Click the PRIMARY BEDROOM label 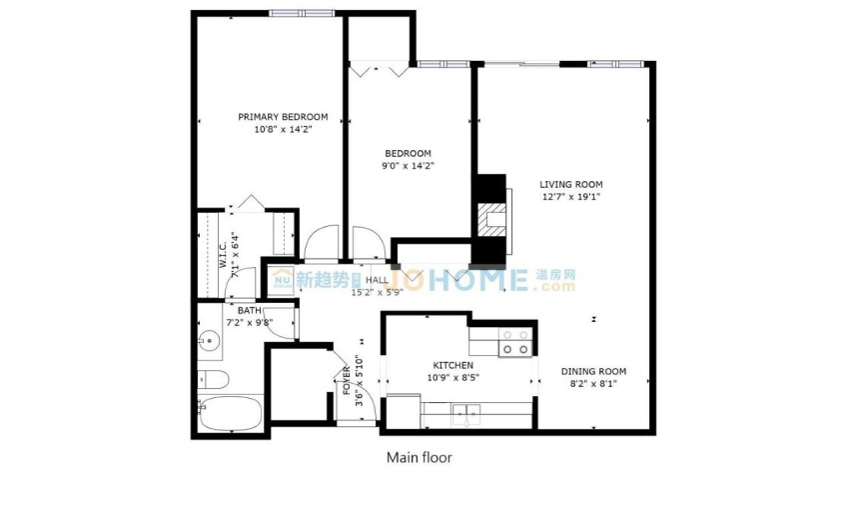[283, 117]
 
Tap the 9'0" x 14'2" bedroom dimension [408, 166]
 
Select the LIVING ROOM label [570, 184]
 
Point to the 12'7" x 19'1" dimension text [570, 197]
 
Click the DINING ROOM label [593, 372]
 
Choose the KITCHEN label [453, 366]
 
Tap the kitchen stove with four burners [515, 342]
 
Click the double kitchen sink [466, 413]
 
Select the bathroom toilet [214, 379]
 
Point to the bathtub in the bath [230, 414]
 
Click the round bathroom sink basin [209, 342]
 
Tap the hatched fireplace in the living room [491, 220]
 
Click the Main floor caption [420, 458]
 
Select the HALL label [377, 280]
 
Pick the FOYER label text [347, 381]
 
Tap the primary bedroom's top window [302, 14]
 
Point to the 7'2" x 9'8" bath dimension [249, 323]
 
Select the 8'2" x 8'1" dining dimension [593, 384]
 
